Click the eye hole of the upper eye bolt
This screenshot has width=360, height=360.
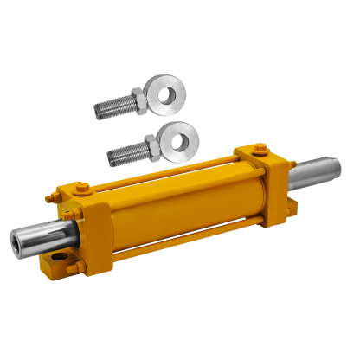point(162,89)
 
